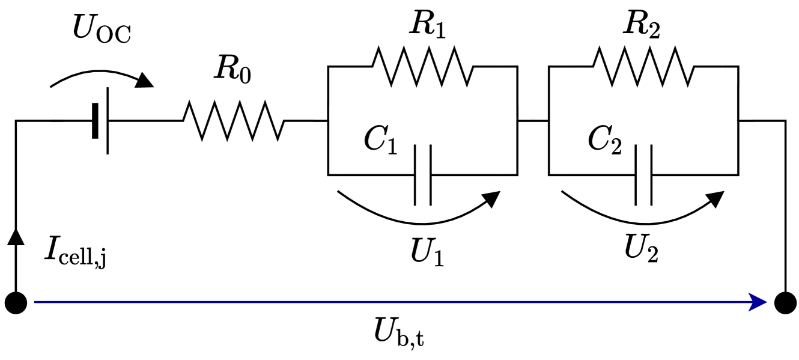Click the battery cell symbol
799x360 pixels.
pyautogui.click(x=101, y=121)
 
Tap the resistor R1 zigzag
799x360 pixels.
pyautogui.click(x=423, y=67)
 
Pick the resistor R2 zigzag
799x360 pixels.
pyautogui.click(x=643, y=67)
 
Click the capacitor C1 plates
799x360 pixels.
pyautogui.click(x=422, y=175)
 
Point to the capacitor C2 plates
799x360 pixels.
pyautogui.click(x=643, y=175)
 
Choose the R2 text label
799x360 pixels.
pyautogui.click(x=641, y=25)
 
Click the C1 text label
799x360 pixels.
pyautogui.click(x=380, y=141)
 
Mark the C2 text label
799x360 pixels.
pyautogui.click(x=604, y=141)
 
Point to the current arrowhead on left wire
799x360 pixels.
pyautogui.click(x=16, y=236)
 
